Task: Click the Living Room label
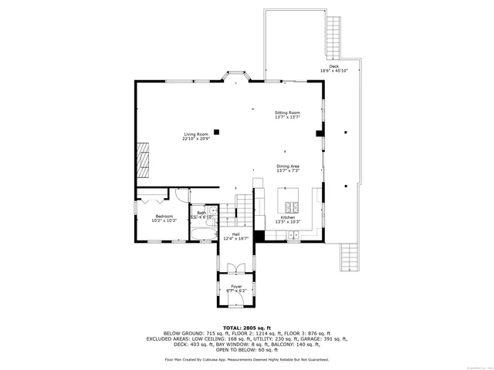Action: tap(195, 134)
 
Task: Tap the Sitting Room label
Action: tap(287, 113)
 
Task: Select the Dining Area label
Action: tap(288, 166)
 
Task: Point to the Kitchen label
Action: tap(287, 217)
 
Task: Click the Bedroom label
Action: tap(164, 217)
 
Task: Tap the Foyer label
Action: tap(236, 287)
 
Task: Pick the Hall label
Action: tap(236, 234)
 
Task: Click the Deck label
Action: tap(333, 66)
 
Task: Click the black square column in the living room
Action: tap(217, 132)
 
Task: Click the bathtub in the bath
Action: tap(204, 234)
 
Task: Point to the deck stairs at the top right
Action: tap(334, 32)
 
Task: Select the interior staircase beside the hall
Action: tap(244, 207)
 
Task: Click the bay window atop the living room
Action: tap(236, 77)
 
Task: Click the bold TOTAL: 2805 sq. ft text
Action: tap(246, 328)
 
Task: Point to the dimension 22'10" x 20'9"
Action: tap(195, 140)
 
